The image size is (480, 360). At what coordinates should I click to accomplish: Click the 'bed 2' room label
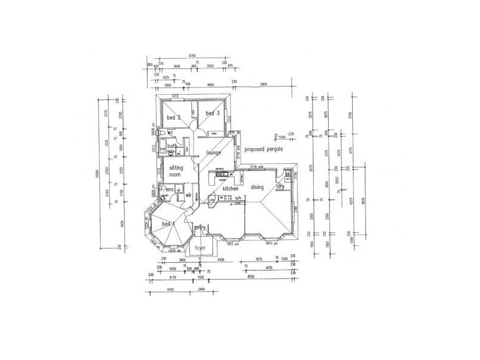tap(174, 118)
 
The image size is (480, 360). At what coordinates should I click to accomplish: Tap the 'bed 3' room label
tap(213, 113)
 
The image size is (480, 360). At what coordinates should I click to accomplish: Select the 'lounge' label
tap(214, 153)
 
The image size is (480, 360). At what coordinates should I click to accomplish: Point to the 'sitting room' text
tap(175, 171)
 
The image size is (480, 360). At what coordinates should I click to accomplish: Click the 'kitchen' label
tap(231, 189)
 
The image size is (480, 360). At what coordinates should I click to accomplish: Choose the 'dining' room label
tap(257, 188)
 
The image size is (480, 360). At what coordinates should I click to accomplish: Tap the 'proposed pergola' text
tap(268, 148)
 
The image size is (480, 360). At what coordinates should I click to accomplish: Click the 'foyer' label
tap(200, 247)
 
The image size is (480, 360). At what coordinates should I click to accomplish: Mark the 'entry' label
tap(200, 227)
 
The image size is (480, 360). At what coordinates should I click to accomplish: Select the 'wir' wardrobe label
tap(188, 195)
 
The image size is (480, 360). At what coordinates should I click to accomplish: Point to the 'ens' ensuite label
tap(170, 190)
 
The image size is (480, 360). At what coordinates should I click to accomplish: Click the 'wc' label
tap(170, 132)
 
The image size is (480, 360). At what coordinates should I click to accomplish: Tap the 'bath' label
tap(172, 146)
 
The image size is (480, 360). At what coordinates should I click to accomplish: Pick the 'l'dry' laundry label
tap(280, 187)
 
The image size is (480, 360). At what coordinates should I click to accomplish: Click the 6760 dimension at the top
tap(192, 56)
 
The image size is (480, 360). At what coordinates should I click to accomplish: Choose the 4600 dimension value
tap(210, 85)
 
